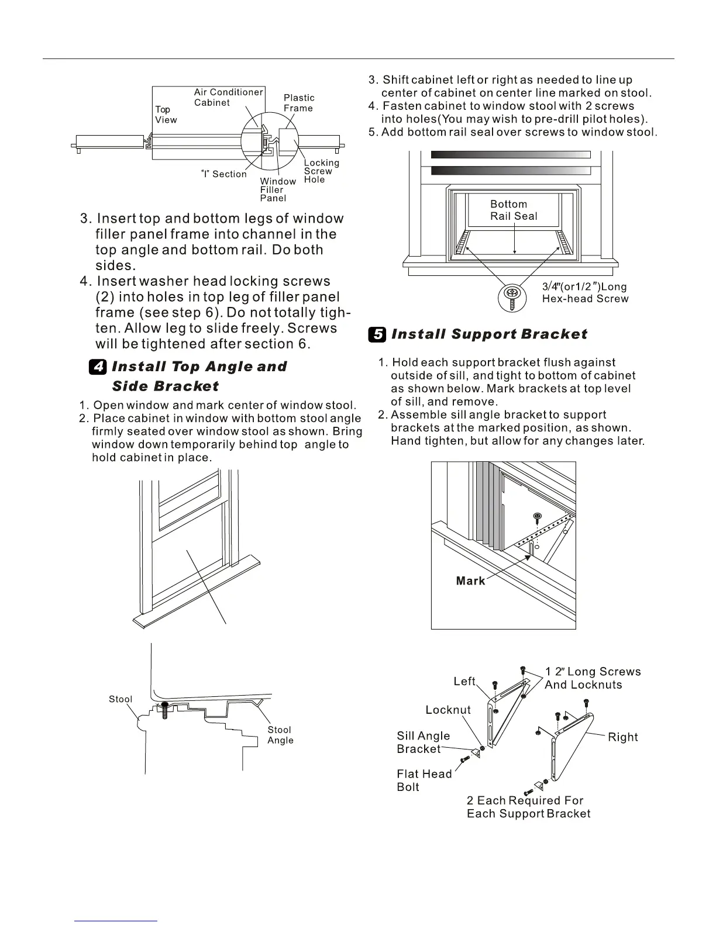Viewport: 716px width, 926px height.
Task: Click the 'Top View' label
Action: click(166, 115)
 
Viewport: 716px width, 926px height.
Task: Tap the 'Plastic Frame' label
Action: click(299, 103)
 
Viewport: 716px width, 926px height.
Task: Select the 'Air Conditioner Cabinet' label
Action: click(228, 98)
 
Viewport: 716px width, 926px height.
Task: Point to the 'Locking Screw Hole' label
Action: click(321, 171)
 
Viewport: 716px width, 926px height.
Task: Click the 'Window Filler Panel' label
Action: click(277, 190)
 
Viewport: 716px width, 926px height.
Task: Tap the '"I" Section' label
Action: click(224, 174)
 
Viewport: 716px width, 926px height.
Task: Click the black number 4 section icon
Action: click(98, 367)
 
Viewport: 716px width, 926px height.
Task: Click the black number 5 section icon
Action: click(377, 334)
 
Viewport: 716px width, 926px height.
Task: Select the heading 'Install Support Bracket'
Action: click(489, 334)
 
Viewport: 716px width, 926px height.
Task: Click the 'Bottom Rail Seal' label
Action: click(513, 210)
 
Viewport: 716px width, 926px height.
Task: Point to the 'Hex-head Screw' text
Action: click(585, 299)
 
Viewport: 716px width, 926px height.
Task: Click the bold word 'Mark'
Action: click(471, 581)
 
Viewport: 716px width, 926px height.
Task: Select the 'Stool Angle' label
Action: click(280, 735)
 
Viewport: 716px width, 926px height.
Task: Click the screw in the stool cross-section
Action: click(166, 710)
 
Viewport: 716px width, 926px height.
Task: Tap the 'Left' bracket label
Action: click(464, 682)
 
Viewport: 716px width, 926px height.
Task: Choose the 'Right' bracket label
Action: click(623, 737)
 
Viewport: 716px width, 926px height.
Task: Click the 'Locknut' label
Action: click(448, 710)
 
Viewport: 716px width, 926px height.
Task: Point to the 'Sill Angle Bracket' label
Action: click(423, 742)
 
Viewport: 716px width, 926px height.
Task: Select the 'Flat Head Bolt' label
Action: click(424, 780)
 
